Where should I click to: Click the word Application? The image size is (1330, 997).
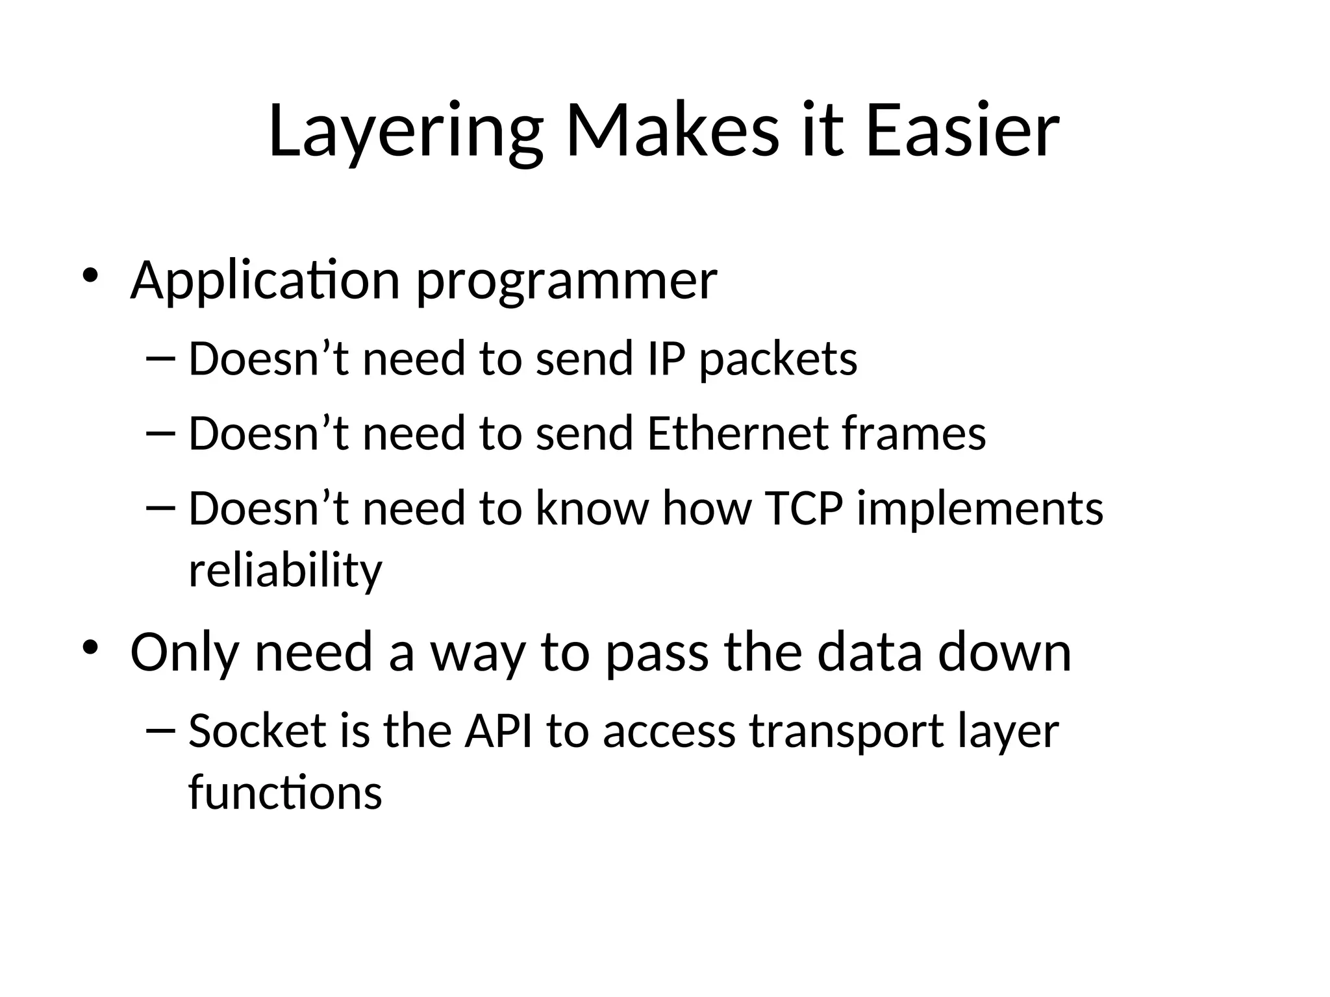click(265, 282)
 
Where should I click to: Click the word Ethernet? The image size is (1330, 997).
click(738, 433)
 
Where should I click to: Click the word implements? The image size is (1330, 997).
click(980, 509)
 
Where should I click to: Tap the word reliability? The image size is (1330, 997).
click(285, 571)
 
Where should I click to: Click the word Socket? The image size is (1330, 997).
click(257, 731)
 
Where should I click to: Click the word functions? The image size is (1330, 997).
click(285, 793)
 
